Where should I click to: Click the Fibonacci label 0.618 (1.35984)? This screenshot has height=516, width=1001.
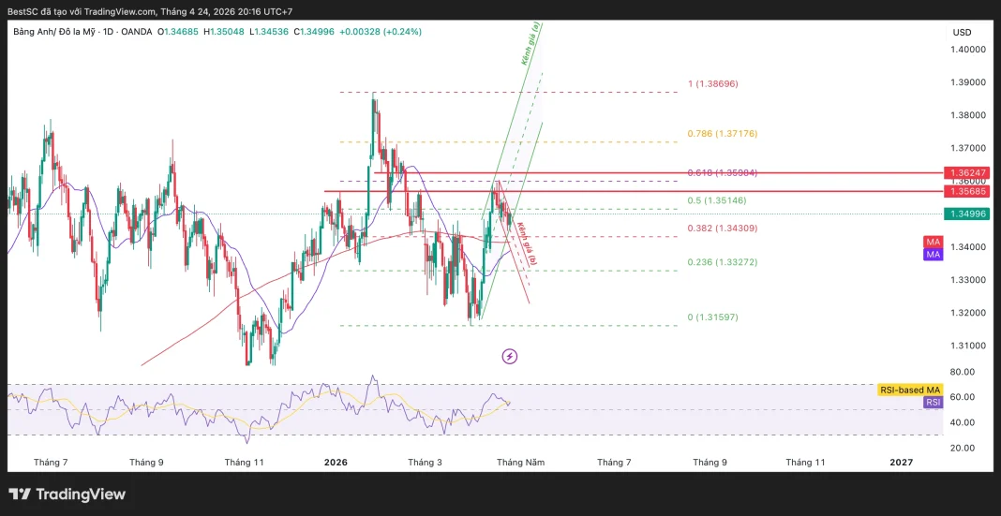(722, 172)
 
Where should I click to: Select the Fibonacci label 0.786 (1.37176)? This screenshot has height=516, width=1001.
(722, 134)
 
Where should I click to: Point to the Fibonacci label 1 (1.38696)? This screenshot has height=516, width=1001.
(712, 83)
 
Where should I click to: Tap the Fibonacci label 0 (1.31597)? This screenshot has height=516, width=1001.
(712, 317)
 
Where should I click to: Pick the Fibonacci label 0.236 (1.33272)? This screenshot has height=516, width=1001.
(722, 262)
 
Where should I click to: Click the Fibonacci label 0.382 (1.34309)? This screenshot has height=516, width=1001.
(722, 229)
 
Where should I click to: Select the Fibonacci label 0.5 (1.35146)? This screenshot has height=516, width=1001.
(716, 200)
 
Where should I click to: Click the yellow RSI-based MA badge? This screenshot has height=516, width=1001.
(908, 390)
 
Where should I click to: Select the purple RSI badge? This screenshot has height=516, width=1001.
(933, 402)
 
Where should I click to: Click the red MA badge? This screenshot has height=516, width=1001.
(933, 242)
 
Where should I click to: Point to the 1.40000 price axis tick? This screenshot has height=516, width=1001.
(969, 50)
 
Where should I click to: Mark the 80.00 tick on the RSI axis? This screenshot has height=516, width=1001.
(962, 372)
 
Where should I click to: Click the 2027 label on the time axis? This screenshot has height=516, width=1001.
(901, 463)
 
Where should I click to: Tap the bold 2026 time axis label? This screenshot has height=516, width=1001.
(336, 463)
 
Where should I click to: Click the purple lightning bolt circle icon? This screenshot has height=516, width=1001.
(510, 356)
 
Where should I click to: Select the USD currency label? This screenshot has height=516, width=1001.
(962, 32)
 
